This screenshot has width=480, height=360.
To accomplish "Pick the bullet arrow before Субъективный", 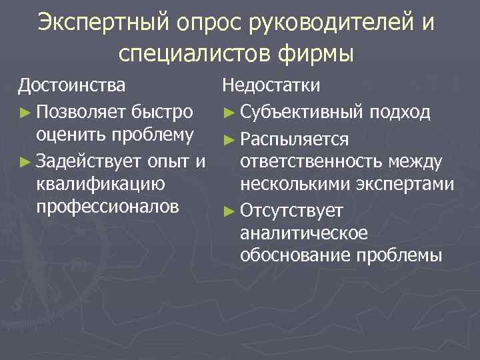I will coord(229,111).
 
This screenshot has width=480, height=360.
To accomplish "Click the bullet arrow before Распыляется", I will coord(229,138).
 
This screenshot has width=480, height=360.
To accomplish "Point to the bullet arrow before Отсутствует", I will coord(229,211).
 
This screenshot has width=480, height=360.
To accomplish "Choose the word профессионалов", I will coord(107,207).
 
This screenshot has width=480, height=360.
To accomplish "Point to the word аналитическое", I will coord(305,233).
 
